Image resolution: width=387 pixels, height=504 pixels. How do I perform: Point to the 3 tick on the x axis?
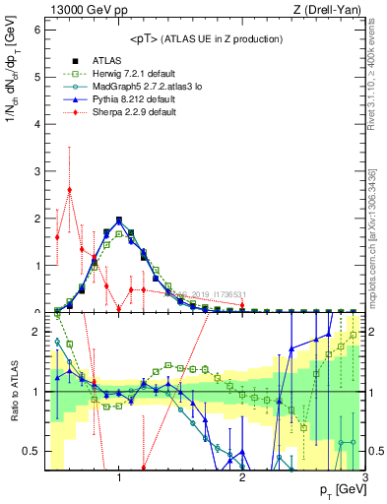pos(364,478)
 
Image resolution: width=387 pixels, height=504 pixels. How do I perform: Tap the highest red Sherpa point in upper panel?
pos(69,190)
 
